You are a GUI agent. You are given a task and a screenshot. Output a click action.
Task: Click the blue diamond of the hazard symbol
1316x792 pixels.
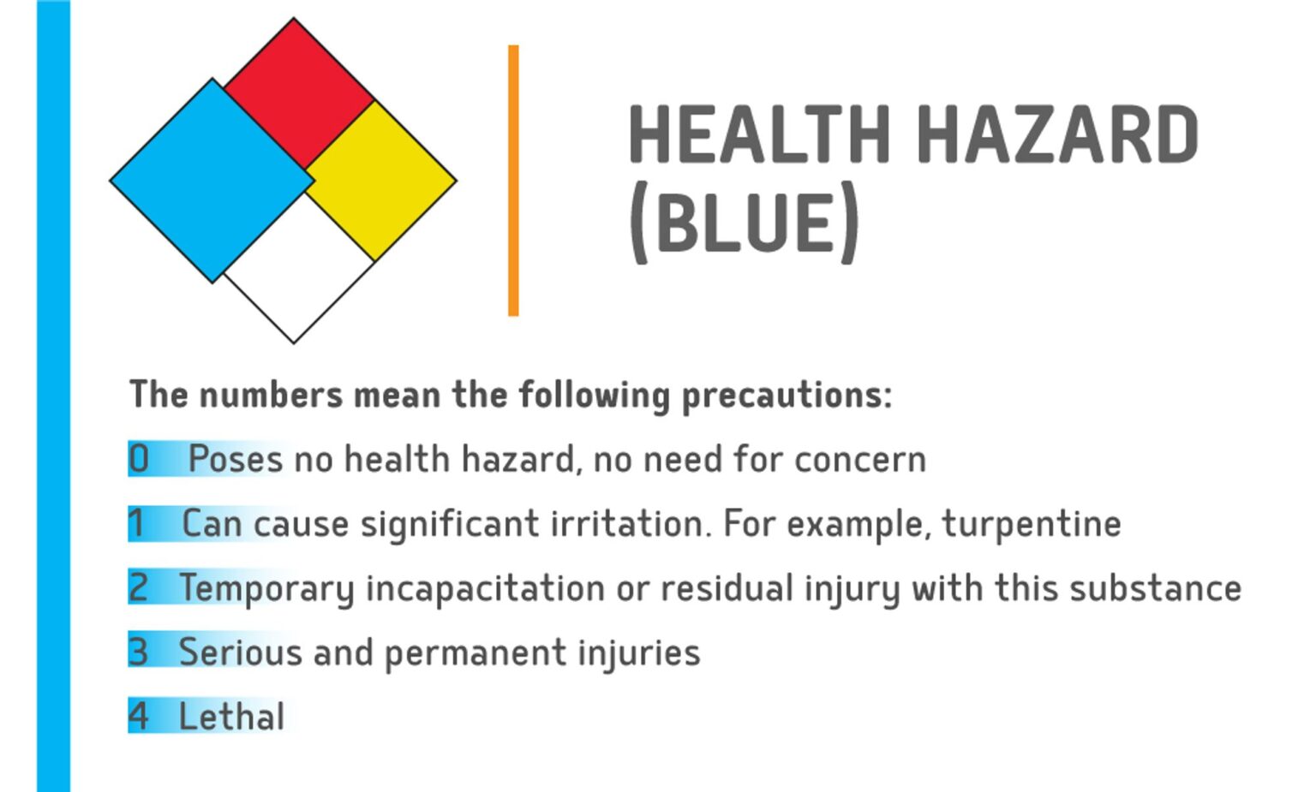[212, 181]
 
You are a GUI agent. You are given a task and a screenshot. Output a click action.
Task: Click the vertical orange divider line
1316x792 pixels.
[513, 181]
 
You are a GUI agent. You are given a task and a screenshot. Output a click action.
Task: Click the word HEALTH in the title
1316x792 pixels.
[759, 134]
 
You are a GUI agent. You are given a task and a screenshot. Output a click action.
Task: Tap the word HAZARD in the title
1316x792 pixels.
[1062, 134]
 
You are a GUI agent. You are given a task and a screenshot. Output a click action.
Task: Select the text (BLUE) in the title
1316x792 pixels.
[743, 222]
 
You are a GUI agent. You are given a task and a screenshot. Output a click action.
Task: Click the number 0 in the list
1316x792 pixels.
[139, 459]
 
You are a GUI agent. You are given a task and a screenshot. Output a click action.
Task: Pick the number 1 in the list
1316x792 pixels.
[136, 523]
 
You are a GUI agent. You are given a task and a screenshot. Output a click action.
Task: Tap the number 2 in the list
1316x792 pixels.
[139, 587]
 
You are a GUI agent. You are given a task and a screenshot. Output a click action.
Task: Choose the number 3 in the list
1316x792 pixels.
[139, 652]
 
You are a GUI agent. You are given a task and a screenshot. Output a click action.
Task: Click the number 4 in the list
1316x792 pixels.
[139, 717]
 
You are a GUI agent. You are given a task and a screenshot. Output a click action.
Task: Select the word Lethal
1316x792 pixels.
[231, 717]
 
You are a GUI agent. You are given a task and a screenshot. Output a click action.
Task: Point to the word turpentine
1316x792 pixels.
[1032, 524]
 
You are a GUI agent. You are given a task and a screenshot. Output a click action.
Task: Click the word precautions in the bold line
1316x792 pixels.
[787, 395]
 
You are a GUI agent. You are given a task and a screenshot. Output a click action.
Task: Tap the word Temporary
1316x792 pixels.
[267, 589]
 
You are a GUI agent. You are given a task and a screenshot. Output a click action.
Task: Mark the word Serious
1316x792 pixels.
[240, 652]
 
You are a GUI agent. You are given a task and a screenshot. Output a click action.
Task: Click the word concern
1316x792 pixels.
[860, 460]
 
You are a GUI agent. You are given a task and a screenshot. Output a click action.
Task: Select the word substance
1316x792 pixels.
[1156, 588]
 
